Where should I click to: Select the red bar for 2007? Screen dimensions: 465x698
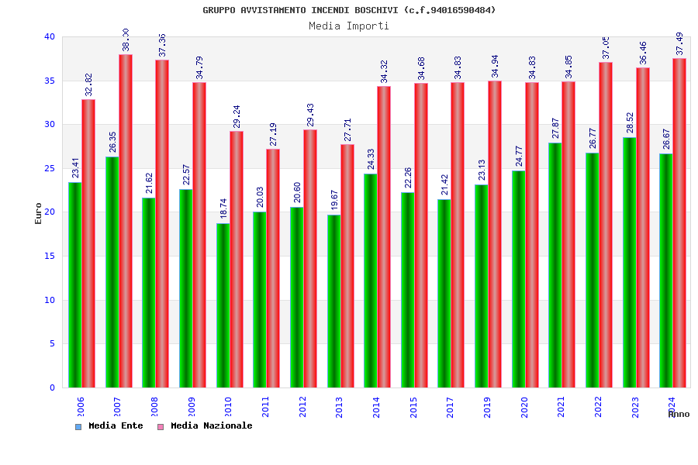(x=126, y=221)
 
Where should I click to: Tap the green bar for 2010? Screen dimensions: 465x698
(x=223, y=305)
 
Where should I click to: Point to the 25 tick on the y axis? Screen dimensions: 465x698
(x=49, y=168)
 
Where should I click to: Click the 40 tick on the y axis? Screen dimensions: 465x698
(x=49, y=36)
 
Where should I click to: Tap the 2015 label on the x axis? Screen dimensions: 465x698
(x=413, y=408)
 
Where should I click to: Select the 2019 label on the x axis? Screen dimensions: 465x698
(x=487, y=408)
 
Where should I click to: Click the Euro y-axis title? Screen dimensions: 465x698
(x=39, y=213)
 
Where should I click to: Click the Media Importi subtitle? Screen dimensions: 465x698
(x=349, y=26)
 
